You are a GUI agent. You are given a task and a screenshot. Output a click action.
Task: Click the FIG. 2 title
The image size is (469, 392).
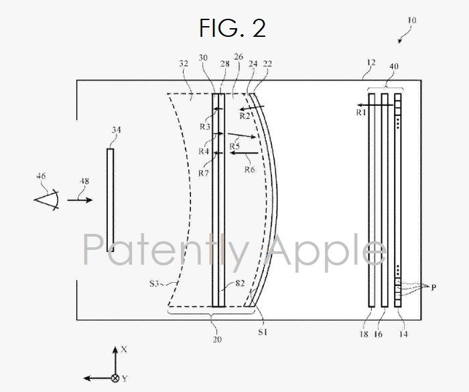click(232, 28)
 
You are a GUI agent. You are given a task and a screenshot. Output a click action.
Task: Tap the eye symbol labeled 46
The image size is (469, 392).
click(47, 200)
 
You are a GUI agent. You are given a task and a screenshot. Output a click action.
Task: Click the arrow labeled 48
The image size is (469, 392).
click(80, 200)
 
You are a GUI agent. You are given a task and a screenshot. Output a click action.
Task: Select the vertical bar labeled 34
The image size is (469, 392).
click(110, 200)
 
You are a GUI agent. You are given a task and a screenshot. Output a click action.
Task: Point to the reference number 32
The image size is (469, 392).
click(184, 64)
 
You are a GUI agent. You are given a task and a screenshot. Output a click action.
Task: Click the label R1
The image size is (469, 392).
click(361, 112)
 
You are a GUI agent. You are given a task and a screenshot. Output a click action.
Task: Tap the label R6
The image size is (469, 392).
click(250, 170)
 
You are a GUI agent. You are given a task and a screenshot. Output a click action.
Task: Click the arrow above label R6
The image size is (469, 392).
click(244, 153)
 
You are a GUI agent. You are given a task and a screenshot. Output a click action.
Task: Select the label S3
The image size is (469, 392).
click(154, 283)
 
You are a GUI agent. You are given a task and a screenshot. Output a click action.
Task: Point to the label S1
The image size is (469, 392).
click(263, 332)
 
